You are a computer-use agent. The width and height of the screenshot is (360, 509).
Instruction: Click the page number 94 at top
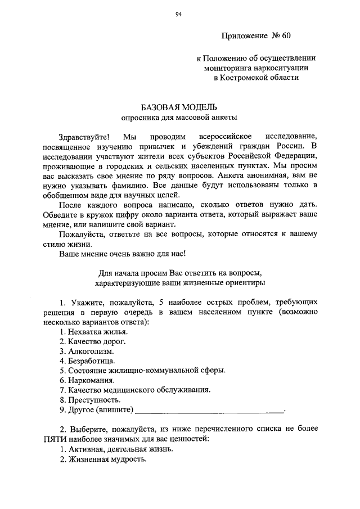[x=178, y=15]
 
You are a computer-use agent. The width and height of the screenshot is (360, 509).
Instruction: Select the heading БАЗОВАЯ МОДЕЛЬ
[x=178, y=107]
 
